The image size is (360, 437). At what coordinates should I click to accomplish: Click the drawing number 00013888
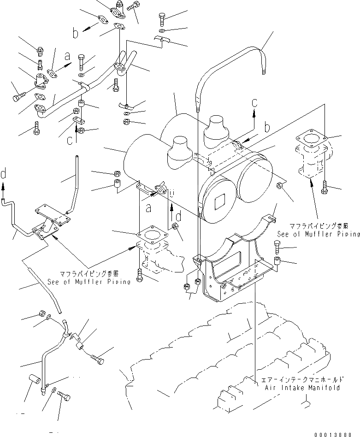tap(337, 434)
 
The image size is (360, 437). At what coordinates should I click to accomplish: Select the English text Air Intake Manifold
tap(302, 388)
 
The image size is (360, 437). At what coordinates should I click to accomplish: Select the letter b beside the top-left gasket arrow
tap(76, 33)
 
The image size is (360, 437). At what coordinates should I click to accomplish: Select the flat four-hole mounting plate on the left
tap(48, 213)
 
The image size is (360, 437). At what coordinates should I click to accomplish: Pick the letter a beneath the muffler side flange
tap(148, 209)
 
